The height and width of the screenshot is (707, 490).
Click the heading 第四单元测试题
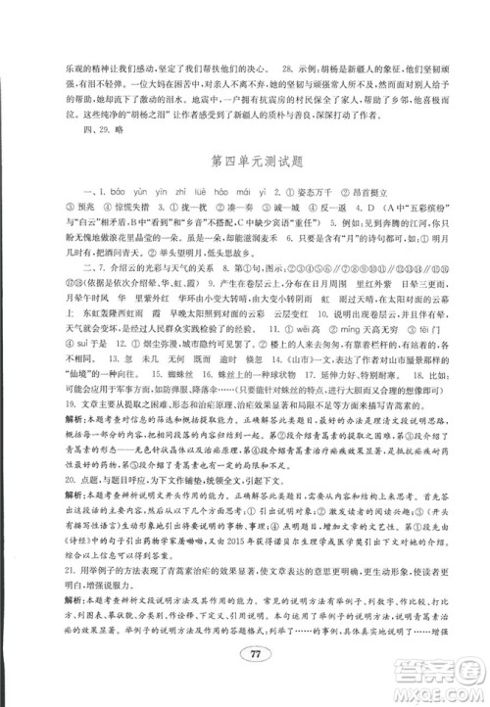pos(244,159)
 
